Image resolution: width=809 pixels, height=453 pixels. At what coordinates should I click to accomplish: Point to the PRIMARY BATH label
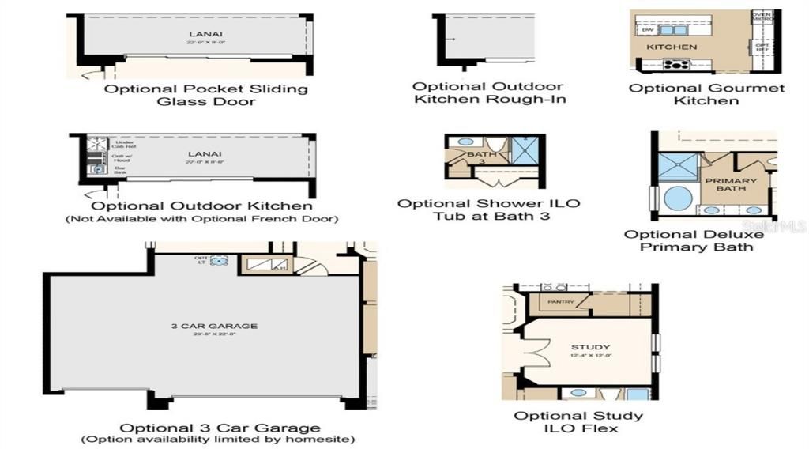[731, 184]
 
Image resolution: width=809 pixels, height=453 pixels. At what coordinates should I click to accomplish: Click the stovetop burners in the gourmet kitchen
[676, 65]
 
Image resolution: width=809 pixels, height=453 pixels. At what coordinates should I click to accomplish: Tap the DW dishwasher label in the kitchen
[648, 30]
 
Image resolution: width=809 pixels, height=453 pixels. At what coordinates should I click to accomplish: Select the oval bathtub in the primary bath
[678, 198]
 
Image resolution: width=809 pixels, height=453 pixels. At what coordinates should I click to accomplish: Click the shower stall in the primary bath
[679, 167]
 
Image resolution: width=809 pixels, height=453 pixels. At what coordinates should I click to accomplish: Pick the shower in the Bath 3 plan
[521, 149]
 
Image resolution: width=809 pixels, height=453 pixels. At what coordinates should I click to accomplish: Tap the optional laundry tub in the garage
[219, 260]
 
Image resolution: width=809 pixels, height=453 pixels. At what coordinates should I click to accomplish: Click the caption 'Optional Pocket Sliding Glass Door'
[206, 95]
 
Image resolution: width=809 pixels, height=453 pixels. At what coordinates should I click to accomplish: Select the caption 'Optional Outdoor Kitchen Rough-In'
[488, 92]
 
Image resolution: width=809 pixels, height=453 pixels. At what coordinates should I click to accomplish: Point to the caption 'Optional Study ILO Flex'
[578, 422]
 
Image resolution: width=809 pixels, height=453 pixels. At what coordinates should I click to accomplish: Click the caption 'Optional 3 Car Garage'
[220, 428]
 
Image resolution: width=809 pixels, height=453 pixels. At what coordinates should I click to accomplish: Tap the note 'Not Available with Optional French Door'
[201, 218]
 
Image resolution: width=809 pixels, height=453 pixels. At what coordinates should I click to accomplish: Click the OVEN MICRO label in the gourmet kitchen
[762, 17]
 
